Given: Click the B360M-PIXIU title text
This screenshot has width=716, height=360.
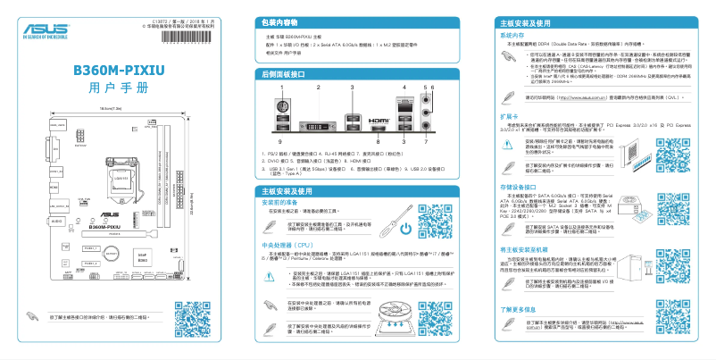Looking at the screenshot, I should click(120, 71).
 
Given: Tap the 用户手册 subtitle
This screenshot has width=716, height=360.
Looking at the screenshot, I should click(120, 89).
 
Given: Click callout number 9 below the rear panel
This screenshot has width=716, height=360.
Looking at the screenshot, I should click(279, 142).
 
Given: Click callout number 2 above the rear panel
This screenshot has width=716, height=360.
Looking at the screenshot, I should click(317, 88).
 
